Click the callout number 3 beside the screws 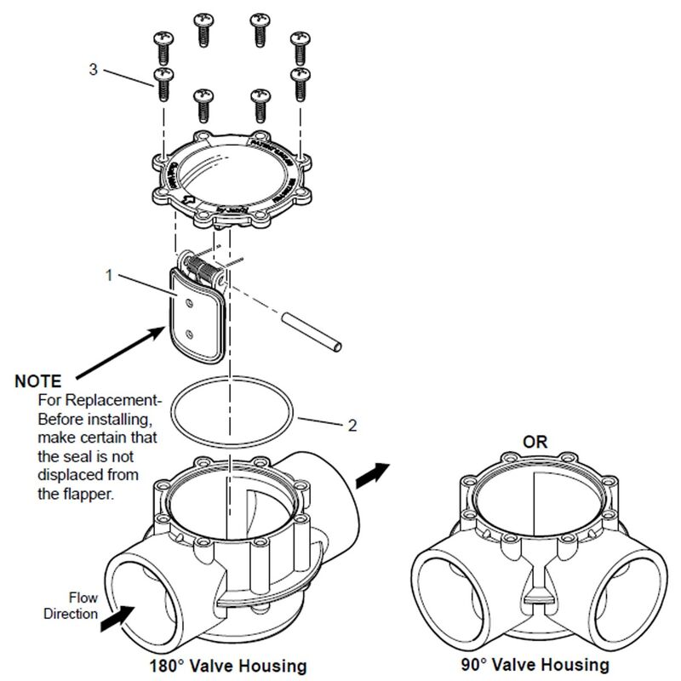click(93, 71)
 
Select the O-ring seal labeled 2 click(233, 408)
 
